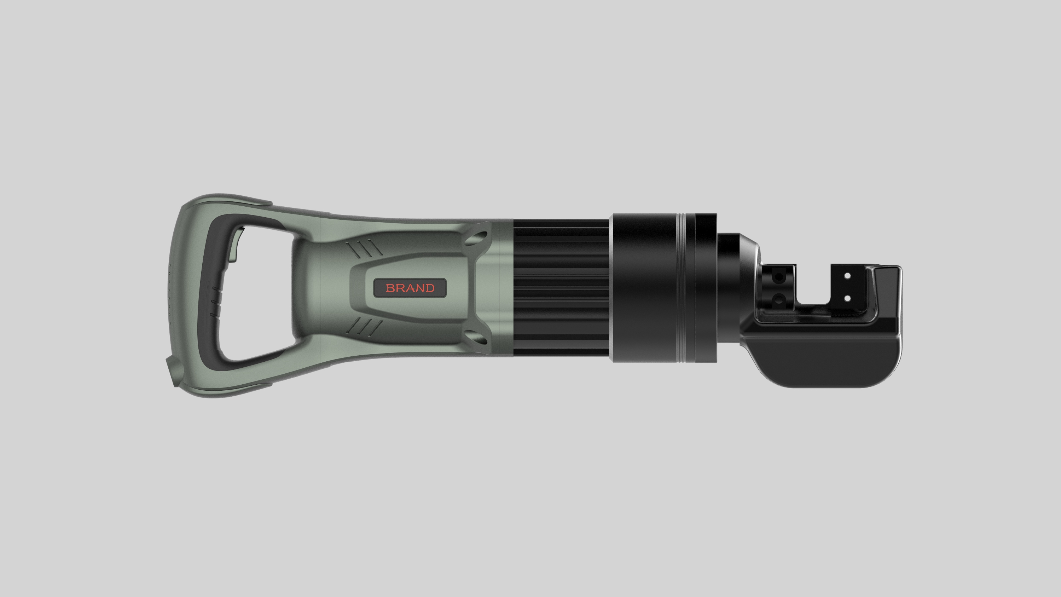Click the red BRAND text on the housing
point(410,288)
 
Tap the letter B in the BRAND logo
point(390,288)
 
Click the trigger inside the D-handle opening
point(236,245)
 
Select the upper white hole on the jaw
point(847,276)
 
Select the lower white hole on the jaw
point(847,298)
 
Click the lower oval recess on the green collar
point(478,338)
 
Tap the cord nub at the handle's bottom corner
point(172,371)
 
